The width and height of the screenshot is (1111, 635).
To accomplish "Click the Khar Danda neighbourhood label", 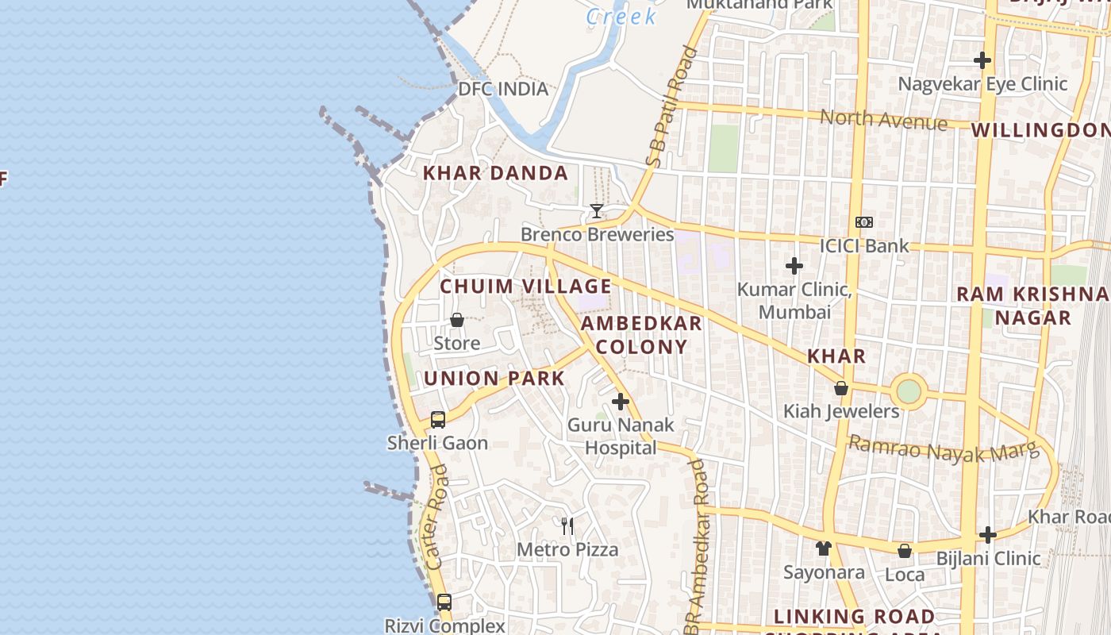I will tap(495, 173).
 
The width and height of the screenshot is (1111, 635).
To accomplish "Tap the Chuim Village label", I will tap(525, 287).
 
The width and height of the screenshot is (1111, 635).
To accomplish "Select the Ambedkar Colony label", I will tap(641, 335).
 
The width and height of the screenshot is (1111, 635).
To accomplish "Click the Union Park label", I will tap(494, 379).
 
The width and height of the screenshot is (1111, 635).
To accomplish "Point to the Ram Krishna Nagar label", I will tap(1032, 306).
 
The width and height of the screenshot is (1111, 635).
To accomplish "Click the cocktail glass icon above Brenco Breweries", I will tap(597, 211).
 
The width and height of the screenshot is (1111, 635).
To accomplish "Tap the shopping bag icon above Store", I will tap(457, 321).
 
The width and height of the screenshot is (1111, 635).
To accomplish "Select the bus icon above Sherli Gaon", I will tap(438, 420).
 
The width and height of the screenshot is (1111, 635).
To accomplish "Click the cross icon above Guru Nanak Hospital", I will tap(621, 402).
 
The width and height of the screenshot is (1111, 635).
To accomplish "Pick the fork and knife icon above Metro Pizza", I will tap(567, 526).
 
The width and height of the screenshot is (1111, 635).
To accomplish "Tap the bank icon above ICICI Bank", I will tap(864, 222).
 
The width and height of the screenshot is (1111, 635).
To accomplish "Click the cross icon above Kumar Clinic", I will tap(794, 266).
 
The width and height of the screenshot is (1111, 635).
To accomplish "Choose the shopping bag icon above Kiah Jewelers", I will tap(841, 388).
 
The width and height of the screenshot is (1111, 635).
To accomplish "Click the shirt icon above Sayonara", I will tap(824, 548).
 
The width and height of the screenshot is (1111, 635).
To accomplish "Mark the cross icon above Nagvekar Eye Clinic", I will tap(982, 60).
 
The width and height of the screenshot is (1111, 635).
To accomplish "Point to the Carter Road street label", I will tap(437, 517).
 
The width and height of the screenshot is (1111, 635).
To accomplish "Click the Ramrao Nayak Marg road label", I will tap(944, 449).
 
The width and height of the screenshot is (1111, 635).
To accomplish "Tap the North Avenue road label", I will tap(883, 120).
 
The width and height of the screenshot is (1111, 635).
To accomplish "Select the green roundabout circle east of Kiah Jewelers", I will tap(909, 391).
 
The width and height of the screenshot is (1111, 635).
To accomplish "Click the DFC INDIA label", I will tap(503, 89).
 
